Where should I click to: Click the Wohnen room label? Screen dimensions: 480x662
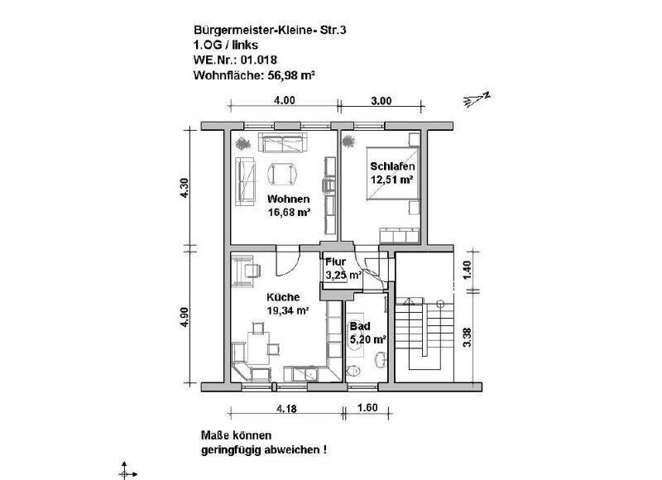point(288,199)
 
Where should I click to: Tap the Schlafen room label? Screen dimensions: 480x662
point(392,166)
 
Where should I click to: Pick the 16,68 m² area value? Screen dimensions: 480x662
point(288,212)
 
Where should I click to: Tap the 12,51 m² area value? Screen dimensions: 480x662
point(392,180)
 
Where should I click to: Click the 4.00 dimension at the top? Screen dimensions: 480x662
point(284,101)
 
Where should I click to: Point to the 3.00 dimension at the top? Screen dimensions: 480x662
point(381,101)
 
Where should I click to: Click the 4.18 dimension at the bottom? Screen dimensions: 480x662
point(285,408)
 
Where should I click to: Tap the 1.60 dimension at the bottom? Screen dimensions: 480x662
point(367,408)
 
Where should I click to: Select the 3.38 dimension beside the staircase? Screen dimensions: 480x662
point(469,338)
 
